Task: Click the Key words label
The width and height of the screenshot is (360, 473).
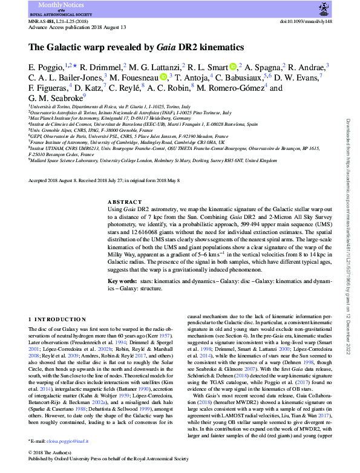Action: coord(122,282)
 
